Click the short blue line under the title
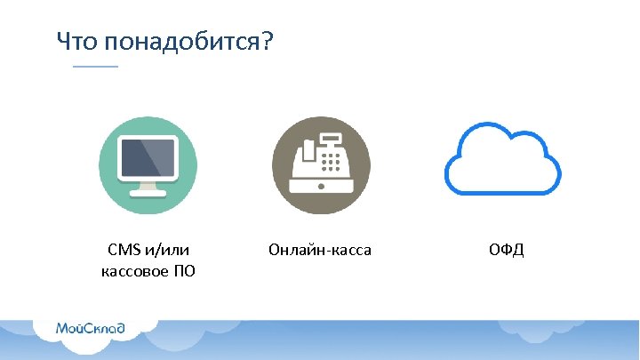pos(95,68)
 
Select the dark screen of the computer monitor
pos(148,159)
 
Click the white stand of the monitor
pos(148,188)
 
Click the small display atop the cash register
pos(331,139)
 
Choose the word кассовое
pos(134,270)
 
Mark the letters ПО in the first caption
pos(185,270)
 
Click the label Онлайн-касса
pos(320,251)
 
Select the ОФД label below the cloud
pos(506,251)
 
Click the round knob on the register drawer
pos(320,188)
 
